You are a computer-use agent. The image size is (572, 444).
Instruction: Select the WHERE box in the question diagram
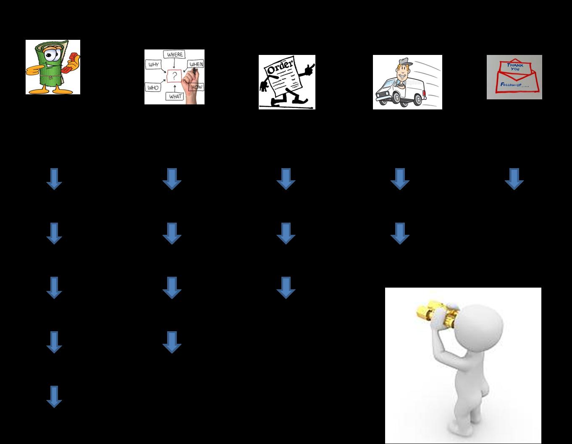coord(175,55)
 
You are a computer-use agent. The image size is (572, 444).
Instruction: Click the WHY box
coord(153,65)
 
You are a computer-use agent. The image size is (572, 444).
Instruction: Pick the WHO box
coord(153,88)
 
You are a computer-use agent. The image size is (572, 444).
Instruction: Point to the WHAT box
coord(176,96)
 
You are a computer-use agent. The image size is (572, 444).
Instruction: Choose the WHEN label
coord(196,64)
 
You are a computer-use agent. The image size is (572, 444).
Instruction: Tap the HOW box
coord(197,87)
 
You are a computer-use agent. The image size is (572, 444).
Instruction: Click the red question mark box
coord(174,76)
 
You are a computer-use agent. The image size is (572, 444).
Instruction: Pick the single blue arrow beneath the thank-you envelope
coord(514,179)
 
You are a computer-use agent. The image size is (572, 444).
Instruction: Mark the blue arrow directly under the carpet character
coord(54,179)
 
